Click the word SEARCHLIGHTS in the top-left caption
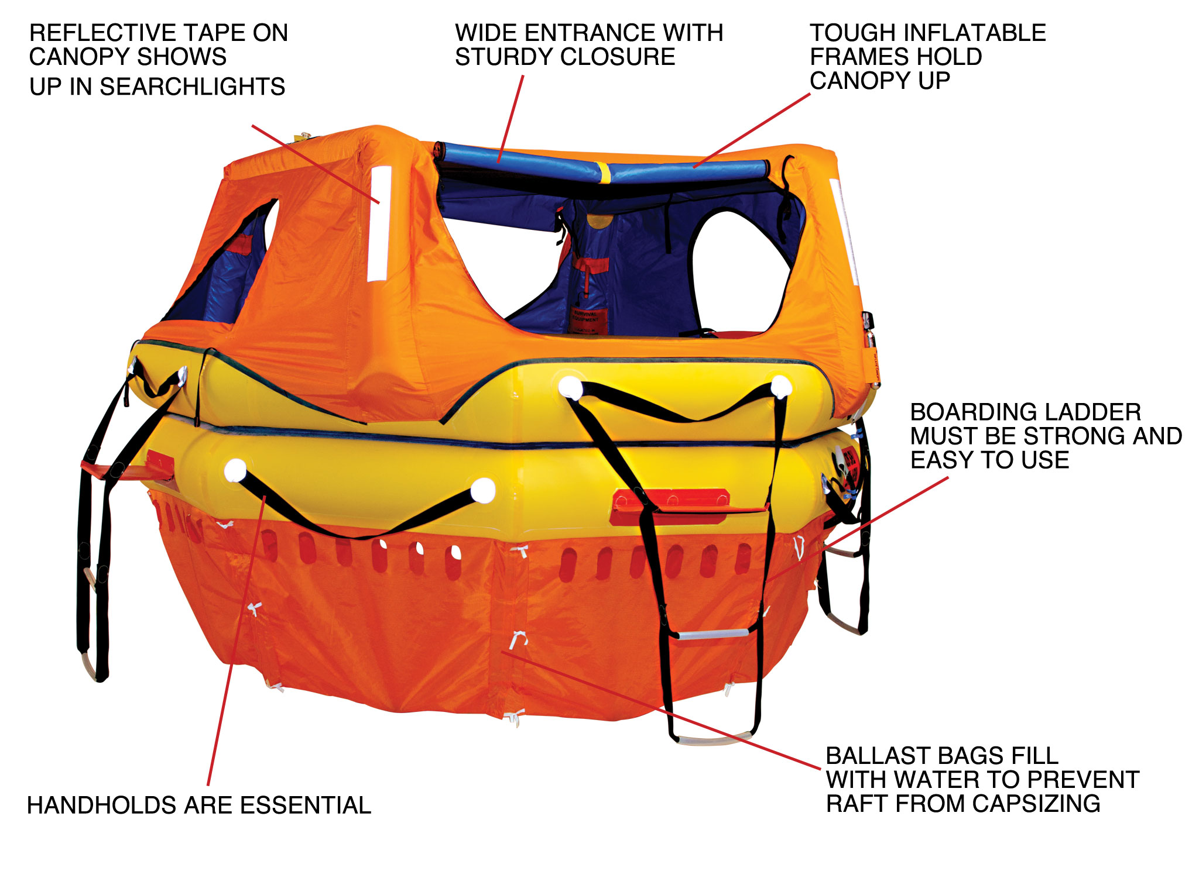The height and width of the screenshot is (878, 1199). (x=192, y=87)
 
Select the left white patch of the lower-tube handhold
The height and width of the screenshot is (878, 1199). (x=235, y=470)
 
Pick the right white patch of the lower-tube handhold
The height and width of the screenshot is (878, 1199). (x=483, y=490)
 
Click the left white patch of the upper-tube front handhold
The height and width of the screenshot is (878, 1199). (x=570, y=388)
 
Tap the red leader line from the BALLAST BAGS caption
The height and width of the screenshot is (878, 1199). (x=662, y=709)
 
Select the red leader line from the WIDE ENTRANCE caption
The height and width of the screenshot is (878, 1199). (x=511, y=118)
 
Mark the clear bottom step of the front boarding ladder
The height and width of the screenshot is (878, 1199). (x=714, y=738)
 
